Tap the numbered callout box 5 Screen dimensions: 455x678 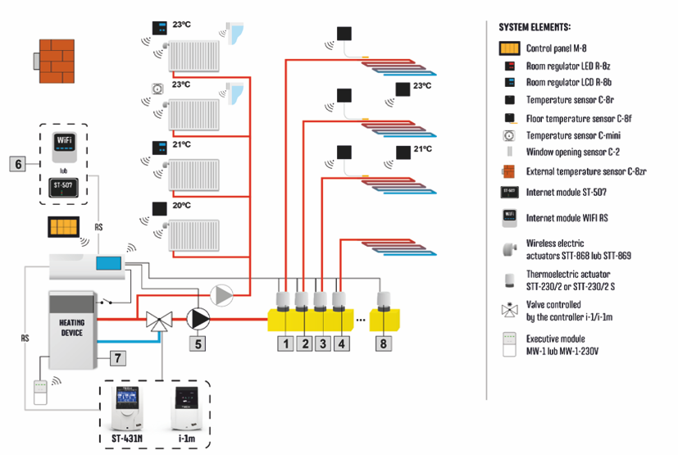(x=198, y=344)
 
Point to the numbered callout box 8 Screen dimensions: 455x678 (x=383, y=344)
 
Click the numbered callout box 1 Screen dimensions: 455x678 (x=285, y=344)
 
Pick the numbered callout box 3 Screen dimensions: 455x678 (x=323, y=344)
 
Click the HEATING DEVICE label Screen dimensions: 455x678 (x=72, y=327)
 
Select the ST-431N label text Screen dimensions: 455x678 (x=133, y=439)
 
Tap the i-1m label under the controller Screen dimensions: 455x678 (x=184, y=439)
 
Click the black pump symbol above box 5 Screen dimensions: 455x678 (x=198, y=317)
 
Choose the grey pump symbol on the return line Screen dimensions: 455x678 (x=223, y=295)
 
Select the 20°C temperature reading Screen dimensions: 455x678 (x=181, y=207)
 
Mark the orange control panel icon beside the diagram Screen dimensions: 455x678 (x=65, y=227)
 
